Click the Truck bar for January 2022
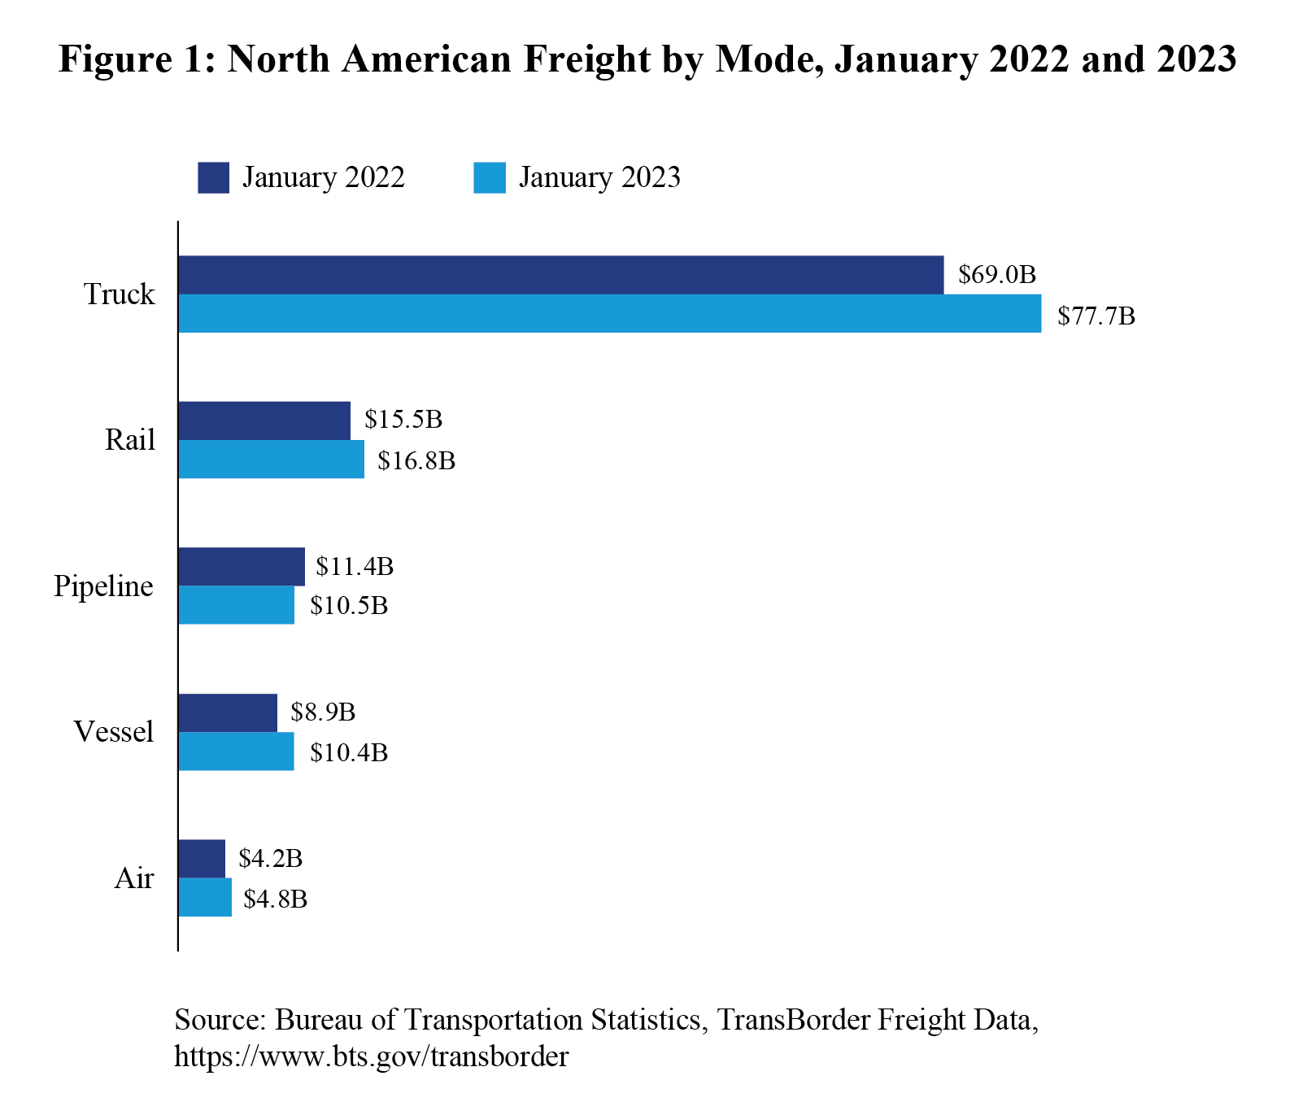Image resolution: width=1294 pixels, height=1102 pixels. (x=560, y=275)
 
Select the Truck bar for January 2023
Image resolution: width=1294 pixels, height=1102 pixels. (x=609, y=314)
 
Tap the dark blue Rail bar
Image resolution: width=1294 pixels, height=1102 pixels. (x=264, y=420)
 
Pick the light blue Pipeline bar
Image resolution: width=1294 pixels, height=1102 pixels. (x=236, y=605)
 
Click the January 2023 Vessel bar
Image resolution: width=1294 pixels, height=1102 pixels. (x=236, y=751)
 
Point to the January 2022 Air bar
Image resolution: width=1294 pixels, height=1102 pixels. (x=202, y=859)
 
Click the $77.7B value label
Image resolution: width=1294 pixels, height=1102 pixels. (x=1096, y=316)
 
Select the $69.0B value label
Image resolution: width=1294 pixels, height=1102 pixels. (x=996, y=275)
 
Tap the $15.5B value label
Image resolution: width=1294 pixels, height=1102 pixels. (x=403, y=420)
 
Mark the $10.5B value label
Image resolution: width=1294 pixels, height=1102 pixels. (x=348, y=606)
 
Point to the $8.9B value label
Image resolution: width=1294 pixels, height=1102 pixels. (x=323, y=712)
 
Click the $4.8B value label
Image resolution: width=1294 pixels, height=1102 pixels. (x=275, y=899)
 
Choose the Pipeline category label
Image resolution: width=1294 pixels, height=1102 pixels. (x=103, y=586)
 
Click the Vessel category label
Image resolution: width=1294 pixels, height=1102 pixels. (x=113, y=732)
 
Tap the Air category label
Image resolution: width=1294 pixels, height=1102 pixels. (x=133, y=878)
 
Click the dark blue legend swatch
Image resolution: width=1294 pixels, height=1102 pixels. (x=213, y=177)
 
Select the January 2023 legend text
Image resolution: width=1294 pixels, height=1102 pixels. (x=599, y=177)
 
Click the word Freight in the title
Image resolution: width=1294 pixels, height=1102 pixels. (x=587, y=59)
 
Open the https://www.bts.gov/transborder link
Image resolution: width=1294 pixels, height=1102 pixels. (x=371, y=1056)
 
